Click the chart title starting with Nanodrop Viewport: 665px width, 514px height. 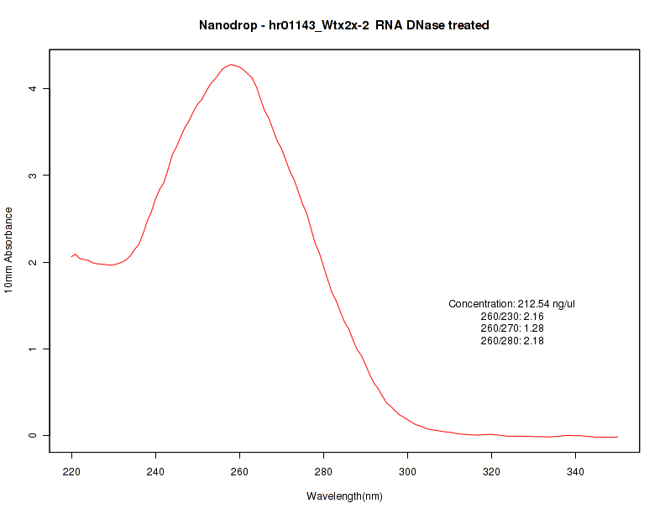[x=344, y=25]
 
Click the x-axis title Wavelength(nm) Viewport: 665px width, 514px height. [x=344, y=496]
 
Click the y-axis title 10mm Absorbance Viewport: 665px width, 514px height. [x=9, y=249]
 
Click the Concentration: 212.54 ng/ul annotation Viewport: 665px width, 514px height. [x=512, y=303]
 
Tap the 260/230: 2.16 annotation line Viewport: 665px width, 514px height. [x=512, y=316]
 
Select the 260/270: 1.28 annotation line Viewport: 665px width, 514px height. [x=512, y=328]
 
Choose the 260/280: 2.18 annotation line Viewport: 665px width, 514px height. [x=512, y=341]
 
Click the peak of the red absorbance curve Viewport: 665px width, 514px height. [x=231, y=65]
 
